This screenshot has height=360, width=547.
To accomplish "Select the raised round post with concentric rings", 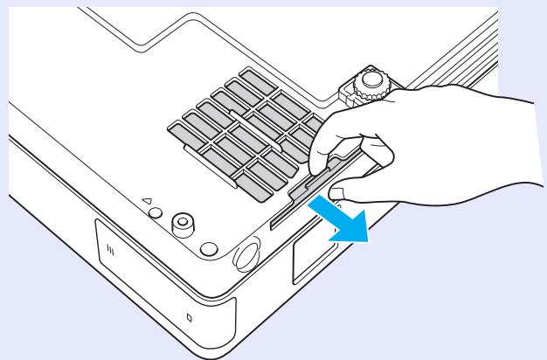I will coord(183,223).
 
